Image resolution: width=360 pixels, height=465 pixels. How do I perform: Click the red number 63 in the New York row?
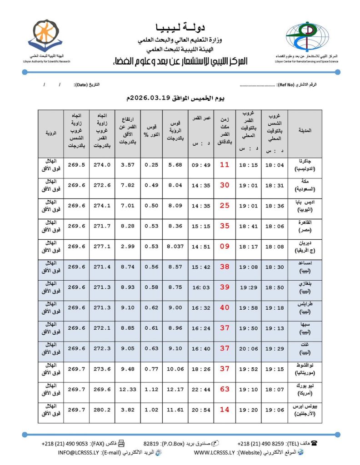(x=225, y=389)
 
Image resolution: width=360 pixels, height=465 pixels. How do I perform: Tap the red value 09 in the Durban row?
(x=225, y=247)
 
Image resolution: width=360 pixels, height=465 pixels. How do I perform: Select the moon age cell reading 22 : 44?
(x=200, y=389)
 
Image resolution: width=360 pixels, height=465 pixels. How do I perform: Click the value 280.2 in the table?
(x=102, y=410)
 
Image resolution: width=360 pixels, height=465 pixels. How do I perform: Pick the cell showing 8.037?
(x=175, y=247)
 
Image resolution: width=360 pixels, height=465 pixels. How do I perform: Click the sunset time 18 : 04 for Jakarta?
(x=275, y=165)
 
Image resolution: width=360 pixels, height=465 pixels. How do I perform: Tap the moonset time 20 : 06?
(x=248, y=348)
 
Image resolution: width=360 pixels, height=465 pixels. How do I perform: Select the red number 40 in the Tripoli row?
(x=225, y=308)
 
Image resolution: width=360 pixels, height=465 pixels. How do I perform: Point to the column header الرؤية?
(x=51, y=134)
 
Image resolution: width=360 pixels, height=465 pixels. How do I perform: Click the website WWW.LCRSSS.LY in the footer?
(x=214, y=453)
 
